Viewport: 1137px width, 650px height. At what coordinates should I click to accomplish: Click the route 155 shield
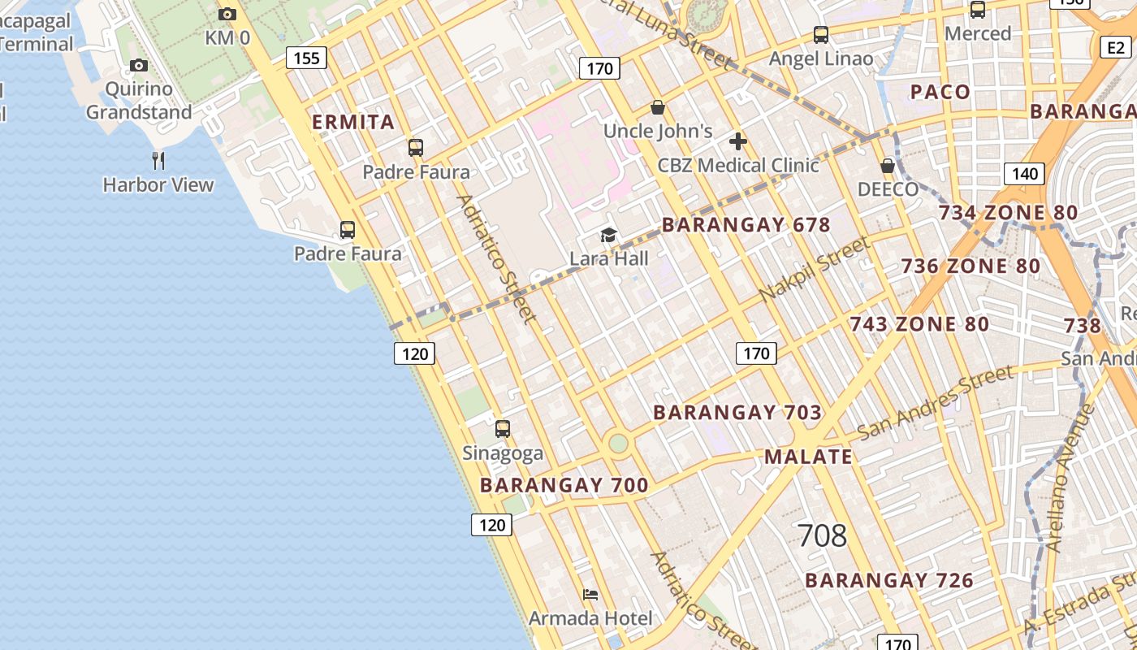[306, 58]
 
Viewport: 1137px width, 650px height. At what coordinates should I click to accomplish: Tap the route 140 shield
[1024, 173]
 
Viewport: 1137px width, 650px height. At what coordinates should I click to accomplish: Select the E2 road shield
[1116, 47]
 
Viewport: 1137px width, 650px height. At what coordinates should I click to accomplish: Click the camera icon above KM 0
[227, 14]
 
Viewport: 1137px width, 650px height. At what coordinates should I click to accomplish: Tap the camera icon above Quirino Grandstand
[139, 65]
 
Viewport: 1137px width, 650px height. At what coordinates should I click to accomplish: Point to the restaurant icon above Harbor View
[158, 161]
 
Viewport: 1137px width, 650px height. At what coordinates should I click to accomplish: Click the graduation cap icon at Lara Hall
[608, 236]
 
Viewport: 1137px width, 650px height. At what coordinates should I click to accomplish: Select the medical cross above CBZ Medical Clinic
[737, 141]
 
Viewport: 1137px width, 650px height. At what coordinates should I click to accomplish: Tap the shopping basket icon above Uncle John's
[658, 107]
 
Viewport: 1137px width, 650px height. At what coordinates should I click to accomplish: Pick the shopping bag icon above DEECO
[888, 166]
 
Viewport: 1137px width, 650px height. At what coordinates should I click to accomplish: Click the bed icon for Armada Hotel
[590, 595]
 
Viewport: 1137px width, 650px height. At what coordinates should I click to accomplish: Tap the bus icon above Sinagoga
[503, 428]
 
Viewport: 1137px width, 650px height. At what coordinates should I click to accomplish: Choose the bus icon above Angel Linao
[821, 35]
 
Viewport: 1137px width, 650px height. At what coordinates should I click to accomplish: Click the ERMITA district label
[354, 123]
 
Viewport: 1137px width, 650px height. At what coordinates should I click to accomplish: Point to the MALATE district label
[808, 457]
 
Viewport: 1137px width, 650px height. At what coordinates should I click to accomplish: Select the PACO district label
[940, 92]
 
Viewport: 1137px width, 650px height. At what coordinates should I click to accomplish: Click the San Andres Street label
[936, 402]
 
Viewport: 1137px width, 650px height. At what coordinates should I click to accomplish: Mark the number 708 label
[822, 535]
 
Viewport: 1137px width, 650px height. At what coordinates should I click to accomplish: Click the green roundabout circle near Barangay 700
[619, 443]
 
